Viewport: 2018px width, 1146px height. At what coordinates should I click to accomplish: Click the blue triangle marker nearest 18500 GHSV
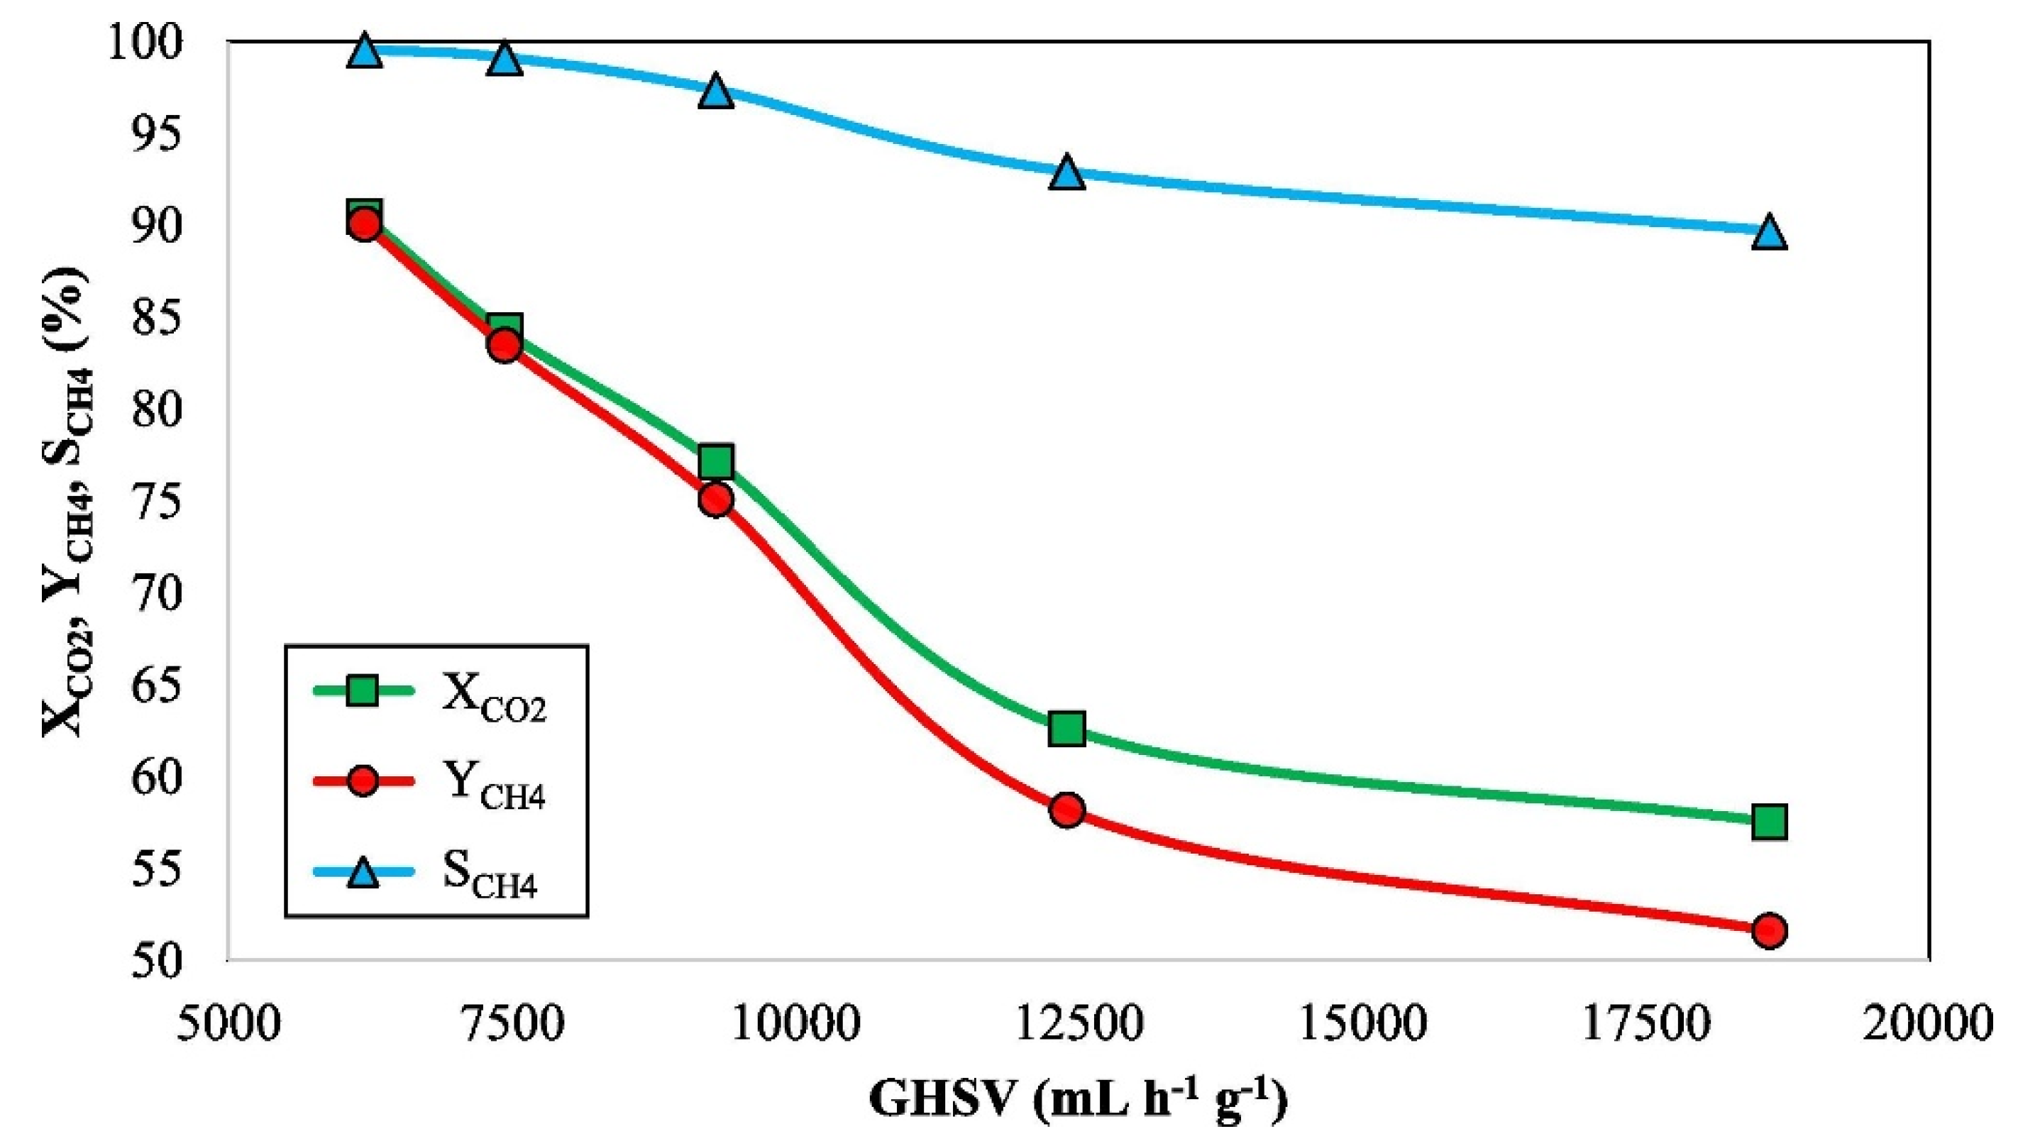[1768, 233]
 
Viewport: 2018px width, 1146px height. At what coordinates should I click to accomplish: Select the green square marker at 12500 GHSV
[1067, 729]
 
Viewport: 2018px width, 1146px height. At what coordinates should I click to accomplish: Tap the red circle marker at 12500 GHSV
[1067, 810]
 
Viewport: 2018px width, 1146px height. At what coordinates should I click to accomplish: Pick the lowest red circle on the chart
[1768, 931]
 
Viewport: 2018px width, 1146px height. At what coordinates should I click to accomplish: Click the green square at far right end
[1768, 822]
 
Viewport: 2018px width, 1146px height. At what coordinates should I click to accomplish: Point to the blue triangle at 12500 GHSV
[1067, 173]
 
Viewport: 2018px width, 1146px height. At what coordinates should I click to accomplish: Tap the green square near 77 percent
[716, 461]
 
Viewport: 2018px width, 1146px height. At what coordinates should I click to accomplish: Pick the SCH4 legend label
[490, 876]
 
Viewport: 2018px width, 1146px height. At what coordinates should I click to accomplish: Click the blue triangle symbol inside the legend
[363, 872]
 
